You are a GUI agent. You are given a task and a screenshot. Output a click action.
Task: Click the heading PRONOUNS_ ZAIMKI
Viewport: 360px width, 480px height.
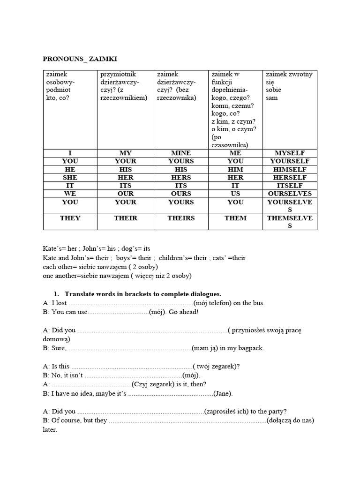(x=80, y=59)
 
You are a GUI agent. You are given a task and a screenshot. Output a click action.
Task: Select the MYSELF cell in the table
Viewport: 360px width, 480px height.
(x=290, y=153)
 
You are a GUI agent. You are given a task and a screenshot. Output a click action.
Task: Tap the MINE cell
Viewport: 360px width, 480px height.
(x=180, y=153)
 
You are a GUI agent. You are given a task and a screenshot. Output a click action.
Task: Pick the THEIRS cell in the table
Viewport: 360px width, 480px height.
(x=180, y=218)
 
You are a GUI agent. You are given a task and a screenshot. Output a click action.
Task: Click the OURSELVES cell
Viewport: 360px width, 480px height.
(x=290, y=194)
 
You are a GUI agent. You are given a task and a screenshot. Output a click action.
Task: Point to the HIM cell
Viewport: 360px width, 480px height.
(x=235, y=169)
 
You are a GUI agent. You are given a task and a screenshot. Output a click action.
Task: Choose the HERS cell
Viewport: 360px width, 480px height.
(x=180, y=178)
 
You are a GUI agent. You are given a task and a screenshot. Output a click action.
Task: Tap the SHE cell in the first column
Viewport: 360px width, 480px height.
(x=70, y=178)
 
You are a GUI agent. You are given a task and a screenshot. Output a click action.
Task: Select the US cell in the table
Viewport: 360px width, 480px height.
(x=235, y=194)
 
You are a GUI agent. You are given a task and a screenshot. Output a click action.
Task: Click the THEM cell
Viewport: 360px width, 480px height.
(x=235, y=218)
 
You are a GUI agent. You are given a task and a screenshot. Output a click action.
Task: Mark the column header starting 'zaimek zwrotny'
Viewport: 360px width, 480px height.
(x=289, y=86)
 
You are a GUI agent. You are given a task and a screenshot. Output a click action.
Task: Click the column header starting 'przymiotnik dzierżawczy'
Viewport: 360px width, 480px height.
(x=125, y=86)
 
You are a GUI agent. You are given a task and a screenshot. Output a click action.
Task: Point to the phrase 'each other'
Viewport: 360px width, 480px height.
(x=58, y=267)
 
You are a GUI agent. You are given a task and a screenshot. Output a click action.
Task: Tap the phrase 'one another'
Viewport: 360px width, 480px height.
(x=60, y=276)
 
